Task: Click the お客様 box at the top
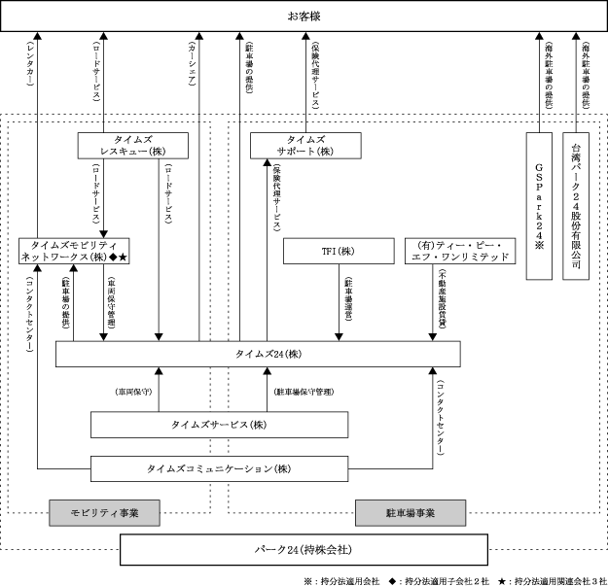tap(303, 17)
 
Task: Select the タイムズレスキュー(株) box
tap(133, 146)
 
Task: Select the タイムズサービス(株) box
tap(219, 425)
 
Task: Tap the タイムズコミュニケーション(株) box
tap(219, 468)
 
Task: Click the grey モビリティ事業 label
tap(102, 512)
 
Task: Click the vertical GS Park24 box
tap(540, 206)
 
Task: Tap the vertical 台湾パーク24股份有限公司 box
tap(576, 206)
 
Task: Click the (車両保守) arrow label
tap(133, 392)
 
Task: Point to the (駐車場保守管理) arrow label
tap(304, 392)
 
